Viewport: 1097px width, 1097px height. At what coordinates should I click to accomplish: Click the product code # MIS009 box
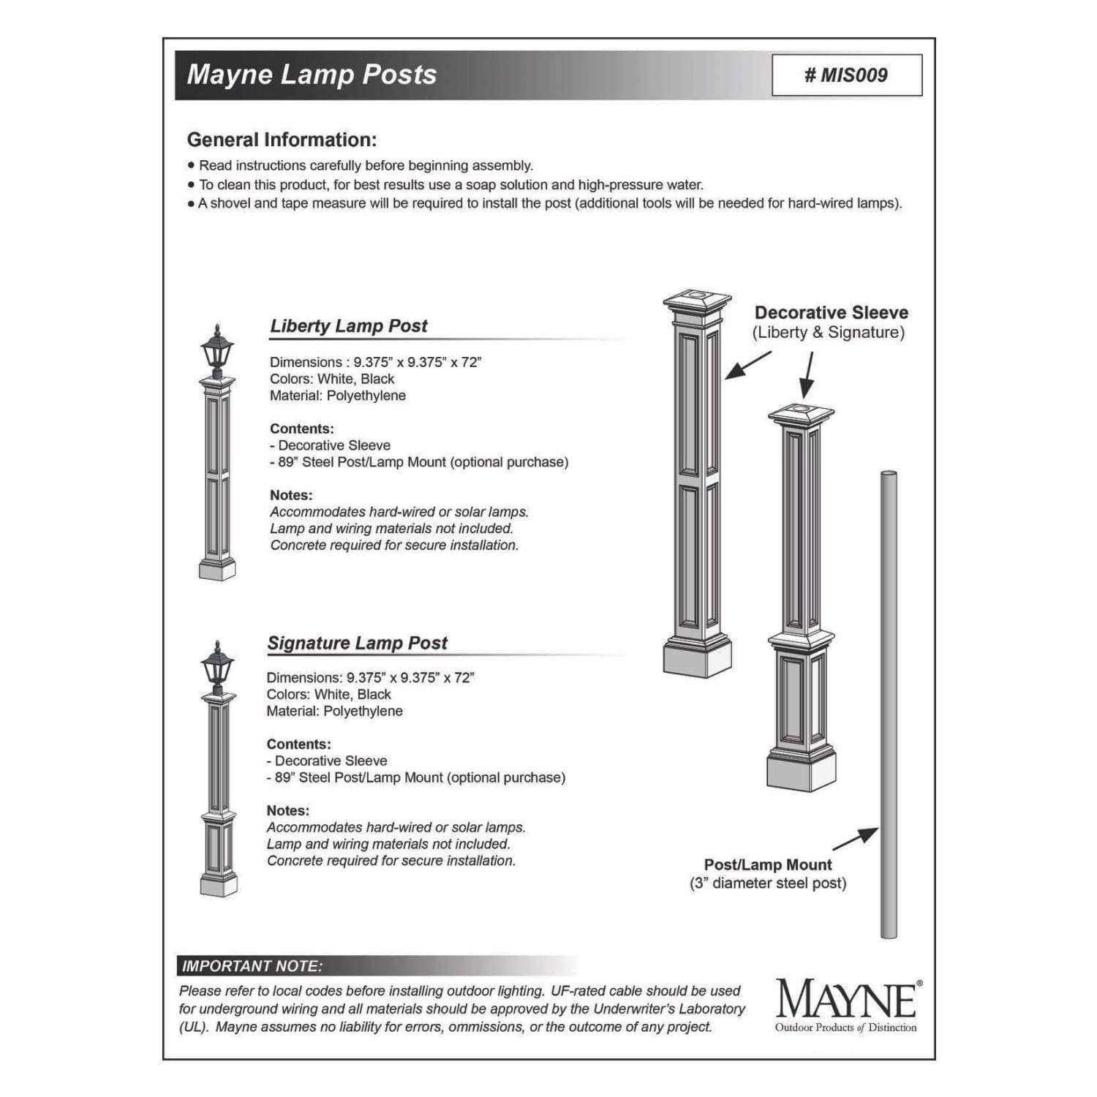(x=846, y=75)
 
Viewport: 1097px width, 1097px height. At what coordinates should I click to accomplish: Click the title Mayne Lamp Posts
(x=312, y=75)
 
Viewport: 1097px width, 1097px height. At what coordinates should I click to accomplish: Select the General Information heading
(x=282, y=140)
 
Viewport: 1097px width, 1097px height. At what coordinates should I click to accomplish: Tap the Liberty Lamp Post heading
(x=348, y=326)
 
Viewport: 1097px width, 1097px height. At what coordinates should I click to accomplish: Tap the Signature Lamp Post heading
(x=357, y=644)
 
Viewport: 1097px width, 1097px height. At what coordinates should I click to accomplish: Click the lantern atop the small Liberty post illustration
(x=216, y=352)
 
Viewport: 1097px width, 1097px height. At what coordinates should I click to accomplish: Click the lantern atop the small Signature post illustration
(x=216, y=666)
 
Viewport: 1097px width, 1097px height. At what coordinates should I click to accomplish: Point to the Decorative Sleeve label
(x=831, y=313)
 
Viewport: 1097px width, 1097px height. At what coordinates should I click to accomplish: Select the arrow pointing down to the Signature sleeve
(x=807, y=376)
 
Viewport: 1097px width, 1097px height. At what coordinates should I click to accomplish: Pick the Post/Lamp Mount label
(x=768, y=864)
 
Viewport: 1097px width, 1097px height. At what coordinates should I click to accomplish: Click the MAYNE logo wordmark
(x=845, y=999)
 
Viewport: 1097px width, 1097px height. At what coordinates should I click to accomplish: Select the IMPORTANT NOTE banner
(x=252, y=966)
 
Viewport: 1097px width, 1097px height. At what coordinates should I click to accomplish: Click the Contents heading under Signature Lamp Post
(x=298, y=744)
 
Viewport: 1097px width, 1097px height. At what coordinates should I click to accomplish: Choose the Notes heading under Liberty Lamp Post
(x=290, y=495)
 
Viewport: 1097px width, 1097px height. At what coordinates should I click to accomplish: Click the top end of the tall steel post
(x=888, y=476)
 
